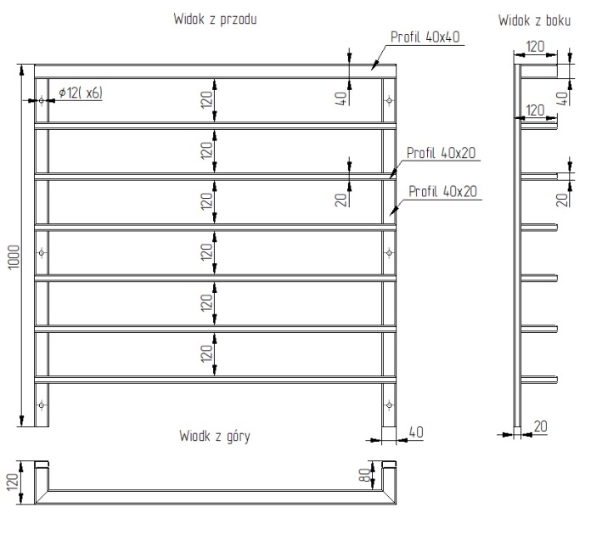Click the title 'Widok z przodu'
point(216,18)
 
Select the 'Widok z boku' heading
point(535,18)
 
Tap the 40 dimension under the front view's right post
point(416,432)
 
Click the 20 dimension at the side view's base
point(541,426)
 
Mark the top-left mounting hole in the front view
point(41,100)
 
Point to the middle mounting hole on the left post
point(41,252)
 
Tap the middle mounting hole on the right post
point(389,252)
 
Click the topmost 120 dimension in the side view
point(535,48)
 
